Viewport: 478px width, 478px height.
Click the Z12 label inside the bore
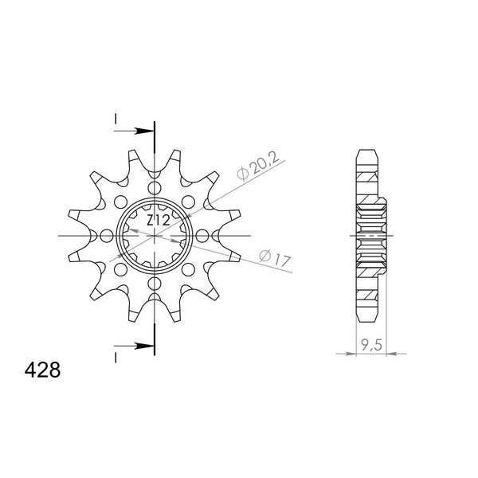[158, 221]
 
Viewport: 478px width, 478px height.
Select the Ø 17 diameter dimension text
[275, 258]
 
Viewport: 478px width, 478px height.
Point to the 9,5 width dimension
[371, 345]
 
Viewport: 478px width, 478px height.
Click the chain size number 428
[42, 370]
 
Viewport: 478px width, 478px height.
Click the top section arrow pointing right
[134, 131]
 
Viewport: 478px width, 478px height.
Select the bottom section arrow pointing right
[134, 346]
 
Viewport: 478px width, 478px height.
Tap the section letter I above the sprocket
[116, 119]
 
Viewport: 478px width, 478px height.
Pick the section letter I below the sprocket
[116, 358]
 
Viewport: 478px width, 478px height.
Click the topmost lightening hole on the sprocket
[155, 187]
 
